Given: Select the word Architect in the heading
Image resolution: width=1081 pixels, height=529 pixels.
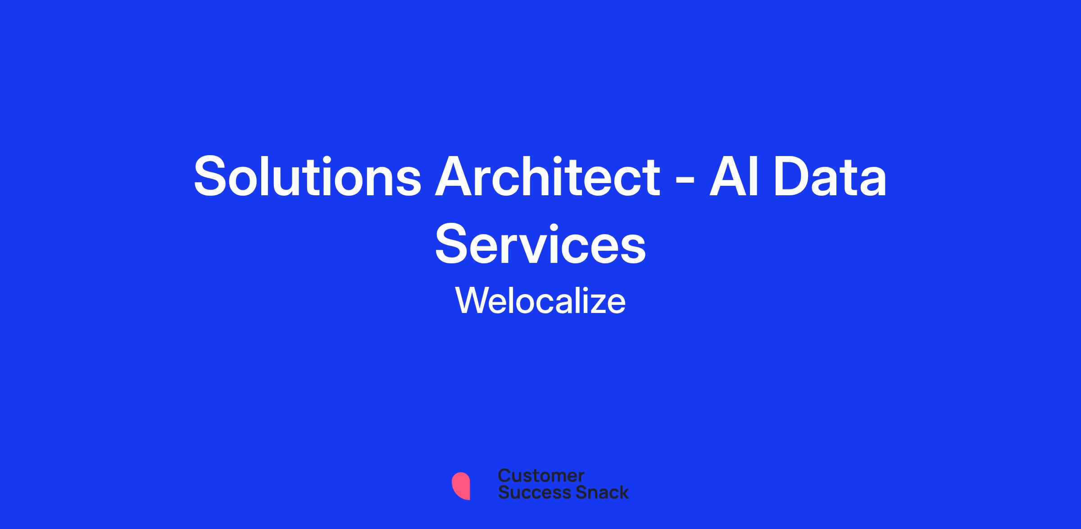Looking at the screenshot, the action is pyautogui.click(x=547, y=176).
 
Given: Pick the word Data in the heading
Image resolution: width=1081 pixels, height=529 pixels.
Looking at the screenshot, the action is pyautogui.click(x=830, y=176).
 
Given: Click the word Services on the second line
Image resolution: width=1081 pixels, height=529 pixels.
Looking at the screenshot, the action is pyautogui.click(x=540, y=244).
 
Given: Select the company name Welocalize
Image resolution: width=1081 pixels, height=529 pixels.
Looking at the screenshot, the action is pyautogui.click(x=540, y=301).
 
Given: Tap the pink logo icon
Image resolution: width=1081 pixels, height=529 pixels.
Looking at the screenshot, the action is pyautogui.click(x=461, y=486).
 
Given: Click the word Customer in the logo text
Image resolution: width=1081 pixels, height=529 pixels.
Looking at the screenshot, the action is pyautogui.click(x=541, y=475).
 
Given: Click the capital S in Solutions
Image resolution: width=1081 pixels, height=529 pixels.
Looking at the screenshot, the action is pyautogui.click(x=213, y=176).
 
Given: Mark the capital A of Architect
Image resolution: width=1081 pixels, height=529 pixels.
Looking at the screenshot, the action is pyautogui.click(x=454, y=176).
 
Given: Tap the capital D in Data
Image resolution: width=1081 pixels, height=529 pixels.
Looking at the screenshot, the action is pyautogui.click(x=792, y=176).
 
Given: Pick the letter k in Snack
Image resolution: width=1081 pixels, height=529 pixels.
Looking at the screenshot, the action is pyautogui.click(x=622, y=492).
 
